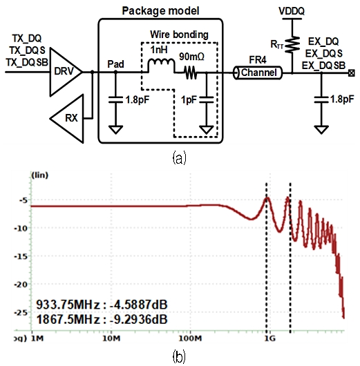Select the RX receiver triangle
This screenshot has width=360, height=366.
coord(70,116)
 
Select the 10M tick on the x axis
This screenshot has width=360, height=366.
coord(111,340)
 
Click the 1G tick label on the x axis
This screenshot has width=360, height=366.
coord(267,340)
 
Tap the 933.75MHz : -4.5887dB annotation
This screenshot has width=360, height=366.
coord(103,305)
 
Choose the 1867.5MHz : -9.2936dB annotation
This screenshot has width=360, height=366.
coord(103,318)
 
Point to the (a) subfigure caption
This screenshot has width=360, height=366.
coord(179,157)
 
